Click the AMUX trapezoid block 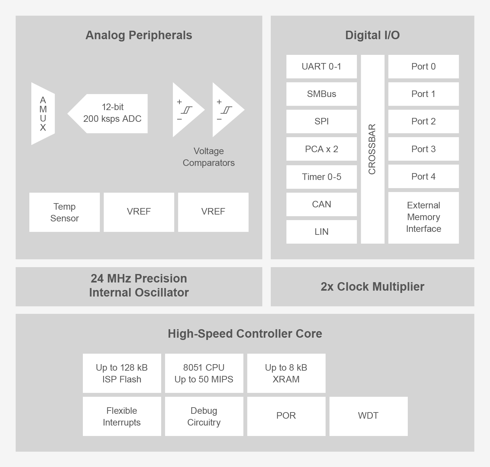pyautogui.click(x=43, y=114)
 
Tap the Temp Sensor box pyautogui.click(x=65, y=212)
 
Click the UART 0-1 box pyautogui.click(x=321, y=67)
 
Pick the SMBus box pyautogui.click(x=321, y=94)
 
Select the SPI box pyautogui.click(x=321, y=121)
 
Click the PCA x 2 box pyautogui.click(x=321, y=149)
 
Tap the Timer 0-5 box pyautogui.click(x=321, y=177)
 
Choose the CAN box pyautogui.click(x=321, y=204)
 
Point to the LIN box pyautogui.click(x=321, y=232)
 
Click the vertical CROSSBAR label pyautogui.click(x=372, y=149)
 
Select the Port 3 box pyautogui.click(x=423, y=149)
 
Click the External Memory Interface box pyautogui.click(x=423, y=217)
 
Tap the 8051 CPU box pyautogui.click(x=204, y=373)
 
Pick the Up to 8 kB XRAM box pyautogui.click(x=286, y=373)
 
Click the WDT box pyautogui.click(x=368, y=416)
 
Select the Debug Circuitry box pyautogui.click(x=204, y=416)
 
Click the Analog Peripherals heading pyautogui.click(x=139, y=35)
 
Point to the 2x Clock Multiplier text pyautogui.click(x=372, y=287)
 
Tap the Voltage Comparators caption pyautogui.click(x=208, y=157)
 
